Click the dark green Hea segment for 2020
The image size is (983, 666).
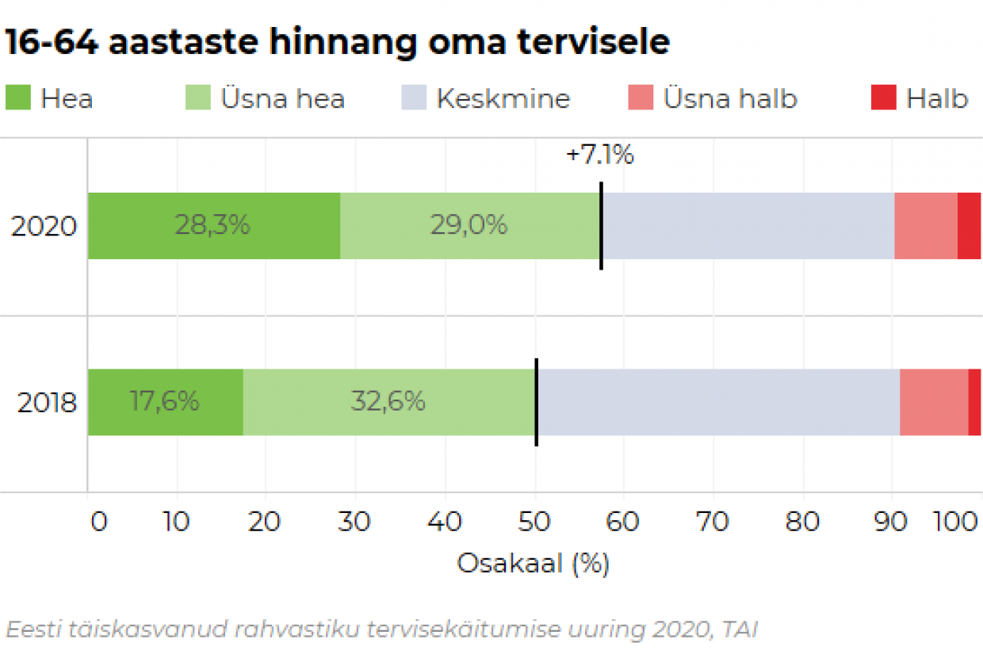click(x=213, y=226)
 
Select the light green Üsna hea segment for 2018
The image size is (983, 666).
click(x=389, y=402)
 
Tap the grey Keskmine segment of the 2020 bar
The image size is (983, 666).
click(x=748, y=226)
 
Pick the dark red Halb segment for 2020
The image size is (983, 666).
click(x=969, y=226)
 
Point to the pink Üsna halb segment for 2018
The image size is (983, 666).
click(x=934, y=402)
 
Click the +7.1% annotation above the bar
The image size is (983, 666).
click(x=600, y=155)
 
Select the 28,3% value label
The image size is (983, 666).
click(x=212, y=226)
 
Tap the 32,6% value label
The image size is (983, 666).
click(x=388, y=402)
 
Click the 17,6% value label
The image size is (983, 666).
click(x=165, y=402)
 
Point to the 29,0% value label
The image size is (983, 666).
click(x=469, y=226)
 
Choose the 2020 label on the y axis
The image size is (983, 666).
click(x=44, y=228)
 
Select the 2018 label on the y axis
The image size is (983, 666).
click(x=47, y=404)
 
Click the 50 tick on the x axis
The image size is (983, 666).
click(x=535, y=523)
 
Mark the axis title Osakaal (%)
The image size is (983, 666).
click(x=534, y=564)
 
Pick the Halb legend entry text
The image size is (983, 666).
click(x=937, y=99)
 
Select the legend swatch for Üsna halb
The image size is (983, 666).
click(x=640, y=99)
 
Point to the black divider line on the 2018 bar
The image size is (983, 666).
click(x=537, y=402)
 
